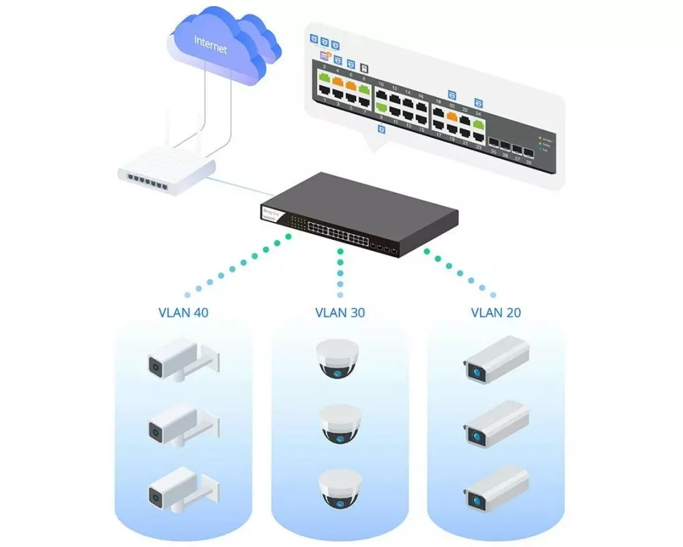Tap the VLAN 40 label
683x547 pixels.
point(182,312)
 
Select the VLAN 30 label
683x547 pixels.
point(339,312)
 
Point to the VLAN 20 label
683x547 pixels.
point(496,312)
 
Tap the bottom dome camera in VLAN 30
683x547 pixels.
point(339,488)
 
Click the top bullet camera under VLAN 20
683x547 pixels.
point(497,358)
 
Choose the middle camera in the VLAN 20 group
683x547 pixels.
point(497,423)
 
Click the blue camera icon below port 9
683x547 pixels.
point(381,129)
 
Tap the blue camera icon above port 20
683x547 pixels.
point(451,94)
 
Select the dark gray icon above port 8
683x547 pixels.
point(365,68)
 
